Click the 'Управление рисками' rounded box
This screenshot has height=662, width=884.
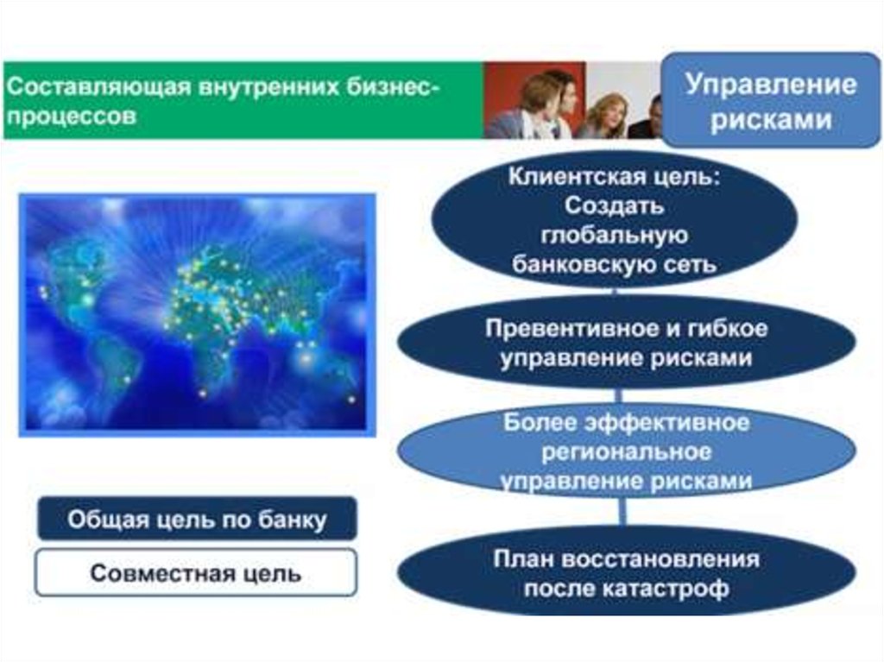[770, 100]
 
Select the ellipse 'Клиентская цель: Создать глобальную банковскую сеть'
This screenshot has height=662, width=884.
[614, 220]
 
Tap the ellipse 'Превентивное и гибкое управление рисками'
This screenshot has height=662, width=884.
[627, 342]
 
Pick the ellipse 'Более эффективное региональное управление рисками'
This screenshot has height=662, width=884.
[627, 451]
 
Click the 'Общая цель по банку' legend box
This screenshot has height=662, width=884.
[197, 519]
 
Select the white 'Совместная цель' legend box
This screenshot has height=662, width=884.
[196, 572]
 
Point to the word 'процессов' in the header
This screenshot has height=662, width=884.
[71, 117]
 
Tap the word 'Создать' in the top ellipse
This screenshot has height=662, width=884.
[614, 205]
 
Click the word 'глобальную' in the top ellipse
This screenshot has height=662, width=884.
[614, 235]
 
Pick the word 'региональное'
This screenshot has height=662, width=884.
[627, 452]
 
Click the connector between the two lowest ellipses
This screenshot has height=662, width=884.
[622, 512]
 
